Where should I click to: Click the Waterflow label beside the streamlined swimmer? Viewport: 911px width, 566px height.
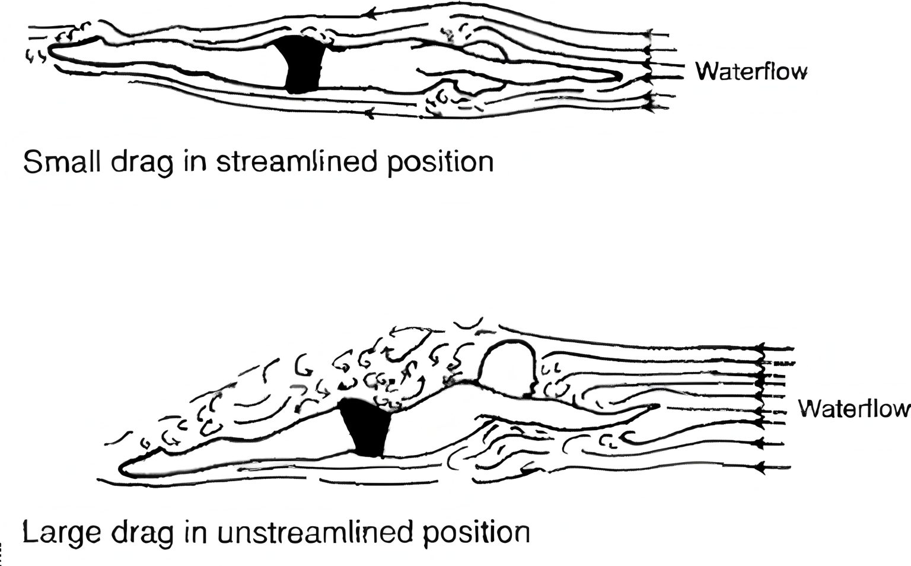point(751,72)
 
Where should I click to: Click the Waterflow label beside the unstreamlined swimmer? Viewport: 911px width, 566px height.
point(853,409)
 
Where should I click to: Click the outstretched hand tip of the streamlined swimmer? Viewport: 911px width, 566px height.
point(619,75)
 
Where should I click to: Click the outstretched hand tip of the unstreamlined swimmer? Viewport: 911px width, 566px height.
point(657,406)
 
